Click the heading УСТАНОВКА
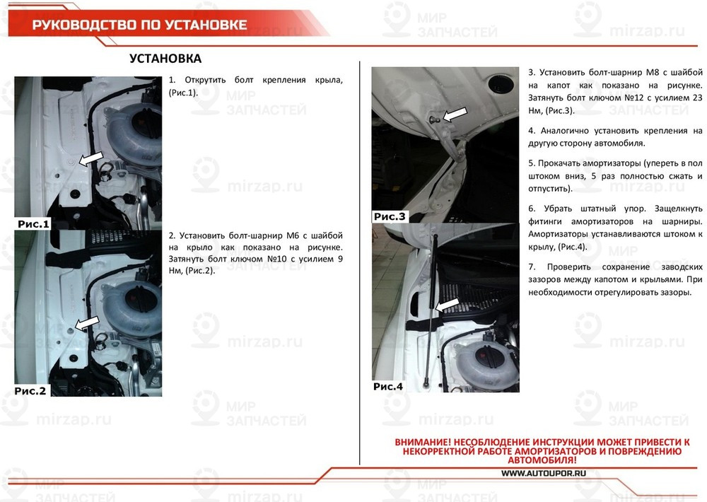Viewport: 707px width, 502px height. [x=165, y=59]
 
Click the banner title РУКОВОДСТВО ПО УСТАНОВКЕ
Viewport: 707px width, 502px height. [x=139, y=25]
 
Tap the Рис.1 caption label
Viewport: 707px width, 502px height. [x=33, y=224]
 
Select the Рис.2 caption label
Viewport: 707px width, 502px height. [x=30, y=390]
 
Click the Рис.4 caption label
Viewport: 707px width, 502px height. [x=388, y=387]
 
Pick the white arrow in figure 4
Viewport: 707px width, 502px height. [x=450, y=303]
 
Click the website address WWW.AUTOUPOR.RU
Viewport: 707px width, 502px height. [x=542, y=473]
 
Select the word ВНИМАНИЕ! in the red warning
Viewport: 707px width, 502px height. [x=421, y=442]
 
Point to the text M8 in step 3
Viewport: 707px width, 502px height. [x=653, y=73]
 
